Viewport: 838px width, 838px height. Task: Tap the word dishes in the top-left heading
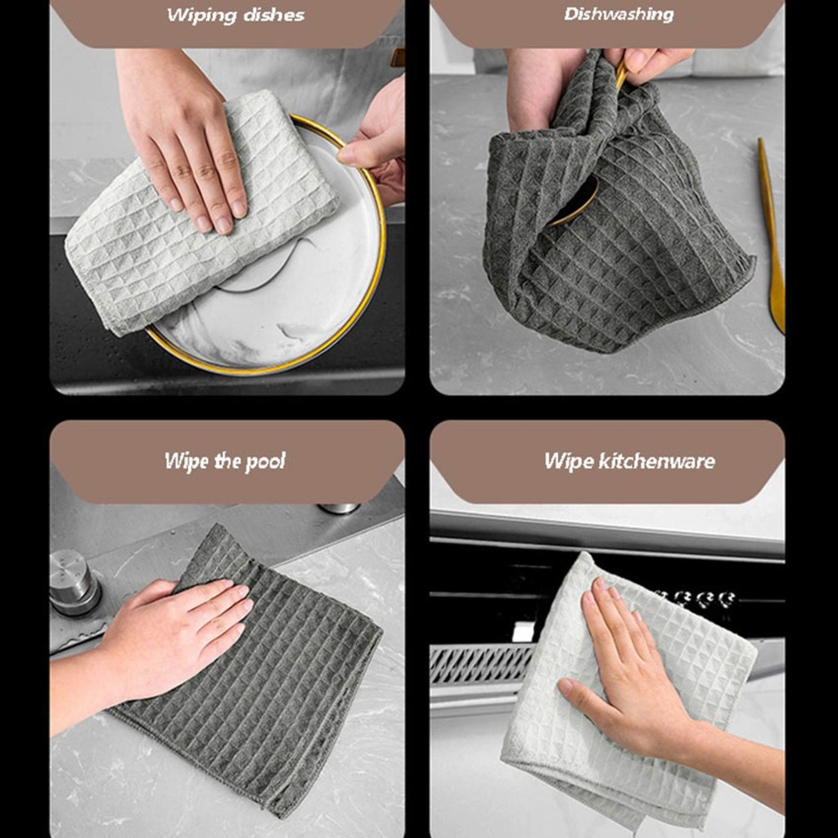tap(273, 15)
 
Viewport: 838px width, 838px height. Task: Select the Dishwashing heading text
tap(619, 15)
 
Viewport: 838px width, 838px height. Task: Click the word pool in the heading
tap(265, 462)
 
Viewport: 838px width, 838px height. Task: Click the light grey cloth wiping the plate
tap(198, 214)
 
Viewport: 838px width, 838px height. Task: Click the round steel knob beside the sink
tap(74, 583)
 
